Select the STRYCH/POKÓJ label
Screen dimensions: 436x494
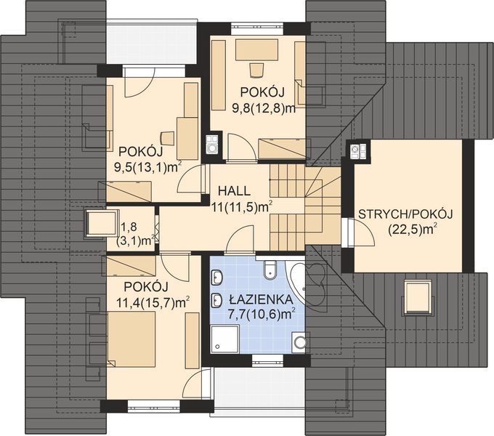tap(405, 214)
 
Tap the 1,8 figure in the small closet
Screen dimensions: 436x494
tap(129, 227)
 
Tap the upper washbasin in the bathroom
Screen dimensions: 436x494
tap(217, 277)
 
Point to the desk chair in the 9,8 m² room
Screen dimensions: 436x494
tap(256, 69)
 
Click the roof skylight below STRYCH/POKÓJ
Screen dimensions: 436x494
tap(418, 296)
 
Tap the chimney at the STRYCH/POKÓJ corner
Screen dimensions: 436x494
tap(355, 150)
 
